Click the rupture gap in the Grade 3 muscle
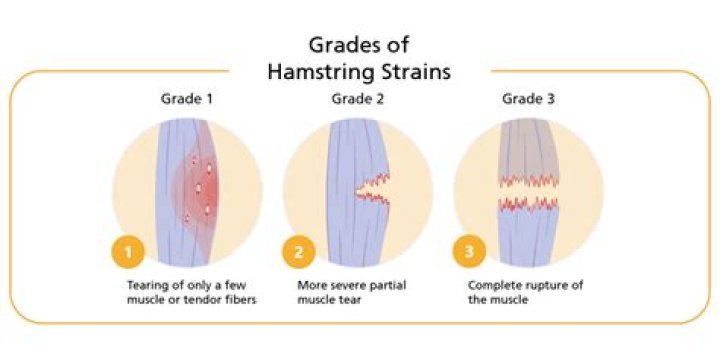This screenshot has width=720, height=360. [527, 191]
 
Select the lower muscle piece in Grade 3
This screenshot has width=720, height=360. [527, 235]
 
